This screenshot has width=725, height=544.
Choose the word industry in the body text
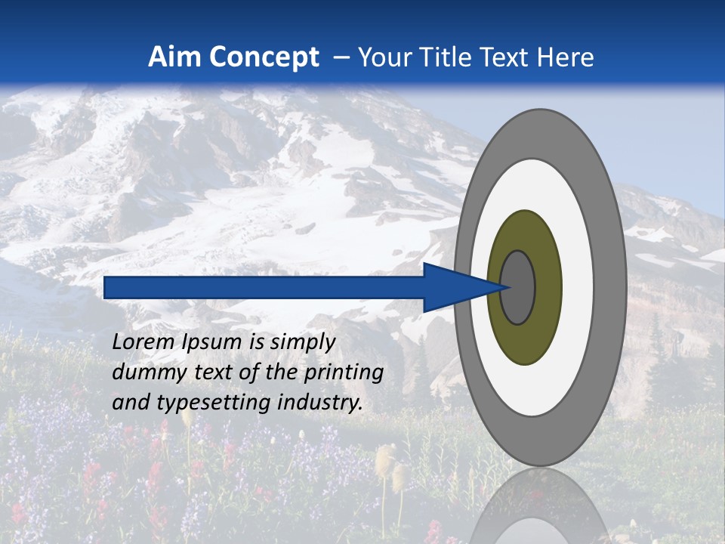tap(320, 403)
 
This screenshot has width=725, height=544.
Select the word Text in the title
tap(508, 57)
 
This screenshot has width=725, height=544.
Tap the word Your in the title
tap(382, 57)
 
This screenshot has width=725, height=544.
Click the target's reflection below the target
tap(538, 506)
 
